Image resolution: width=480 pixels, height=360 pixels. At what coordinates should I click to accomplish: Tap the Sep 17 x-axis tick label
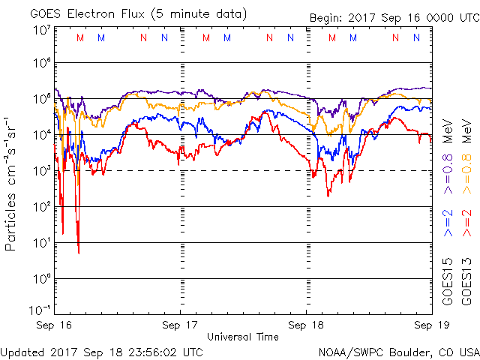point(180,326)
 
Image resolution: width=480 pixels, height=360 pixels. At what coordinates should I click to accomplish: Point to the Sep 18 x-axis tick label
point(307,326)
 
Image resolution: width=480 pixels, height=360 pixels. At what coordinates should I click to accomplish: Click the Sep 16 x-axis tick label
point(54,326)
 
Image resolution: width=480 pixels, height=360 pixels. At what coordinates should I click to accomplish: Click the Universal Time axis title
point(243,337)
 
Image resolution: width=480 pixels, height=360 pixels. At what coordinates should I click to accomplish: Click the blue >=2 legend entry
point(447,223)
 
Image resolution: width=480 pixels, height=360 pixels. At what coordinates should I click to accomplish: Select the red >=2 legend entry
point(466,223)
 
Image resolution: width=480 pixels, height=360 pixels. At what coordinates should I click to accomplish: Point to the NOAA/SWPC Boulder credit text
point(398,352)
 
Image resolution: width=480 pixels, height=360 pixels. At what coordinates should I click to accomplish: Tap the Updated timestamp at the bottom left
point(102,352)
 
